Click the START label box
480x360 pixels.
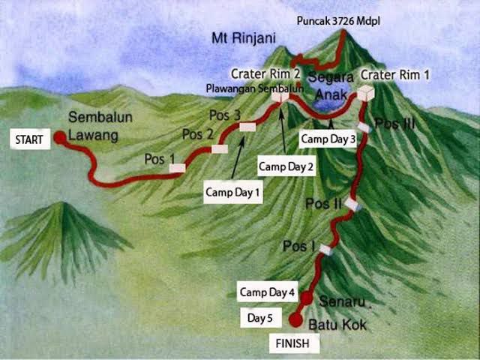[x=28, y=139]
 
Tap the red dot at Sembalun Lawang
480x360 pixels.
[x=60, y=137]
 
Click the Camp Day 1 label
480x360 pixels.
[x=233, y=192]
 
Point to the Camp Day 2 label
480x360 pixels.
[x=286, y=166]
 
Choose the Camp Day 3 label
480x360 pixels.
[x=328, y=139]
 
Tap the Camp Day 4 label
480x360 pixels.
[x=268, y=292]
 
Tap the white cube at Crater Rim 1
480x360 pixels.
[x=365, y=94]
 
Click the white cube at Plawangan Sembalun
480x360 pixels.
[x=280, y=95]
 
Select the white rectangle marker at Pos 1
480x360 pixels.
[x=177, y=168]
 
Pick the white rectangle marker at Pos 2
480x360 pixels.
[x=220, y=148]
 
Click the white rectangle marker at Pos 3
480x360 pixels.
[x=247, y=127]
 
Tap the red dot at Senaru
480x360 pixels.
[x=307, y=298]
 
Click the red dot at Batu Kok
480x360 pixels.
[x=295, y=321]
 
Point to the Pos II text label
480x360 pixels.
[x=324, y=204]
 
